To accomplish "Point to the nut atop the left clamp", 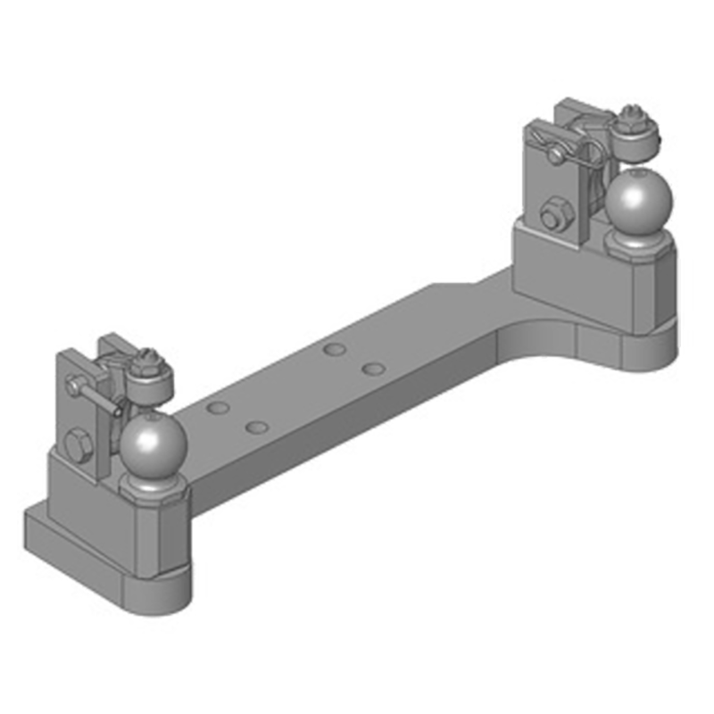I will tap(147, 361).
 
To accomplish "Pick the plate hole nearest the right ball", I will tap(374, 368).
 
